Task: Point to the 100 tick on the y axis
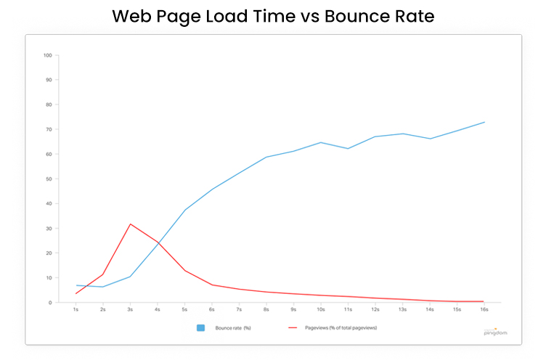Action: [48, 55]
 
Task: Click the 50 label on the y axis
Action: [48, 179]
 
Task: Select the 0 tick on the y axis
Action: [49, 303]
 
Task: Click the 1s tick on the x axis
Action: [76, 310]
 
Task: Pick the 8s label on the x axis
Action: [266, 310]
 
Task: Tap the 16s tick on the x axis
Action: [484, 310]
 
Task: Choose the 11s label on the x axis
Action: [348, 310]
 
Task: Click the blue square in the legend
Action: [200, 328]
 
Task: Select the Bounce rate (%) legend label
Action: [232, 328]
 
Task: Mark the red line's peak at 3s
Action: [130, 224]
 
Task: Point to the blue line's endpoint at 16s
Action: [484, 122]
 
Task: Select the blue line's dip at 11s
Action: [348, 149]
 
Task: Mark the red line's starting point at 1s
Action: [76, 293]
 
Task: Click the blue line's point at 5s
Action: [185, 210]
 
